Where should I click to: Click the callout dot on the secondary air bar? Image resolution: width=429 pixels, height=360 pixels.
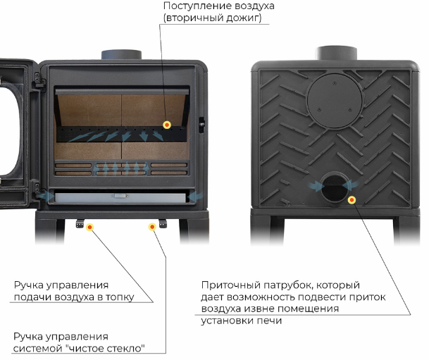pos(167,125)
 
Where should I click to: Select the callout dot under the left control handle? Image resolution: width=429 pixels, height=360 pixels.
pos(89,227)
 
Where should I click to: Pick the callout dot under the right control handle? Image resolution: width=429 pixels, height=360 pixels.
pos(152,227)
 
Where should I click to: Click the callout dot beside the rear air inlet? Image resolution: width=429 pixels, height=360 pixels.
pos(352,200)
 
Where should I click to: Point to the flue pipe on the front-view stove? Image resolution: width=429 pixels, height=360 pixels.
pos(121,55)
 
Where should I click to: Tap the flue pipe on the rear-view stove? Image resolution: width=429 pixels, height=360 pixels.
pos(337,53)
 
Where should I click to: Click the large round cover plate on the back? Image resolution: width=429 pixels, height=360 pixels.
pos(335,101)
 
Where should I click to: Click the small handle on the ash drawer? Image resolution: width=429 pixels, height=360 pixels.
pos(120,196)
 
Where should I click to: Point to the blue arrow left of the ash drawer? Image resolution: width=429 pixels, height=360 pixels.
pos(45,196)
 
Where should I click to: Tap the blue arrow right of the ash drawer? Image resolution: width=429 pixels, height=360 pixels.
pos(195,197)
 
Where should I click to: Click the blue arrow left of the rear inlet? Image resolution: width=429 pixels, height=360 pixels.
pos(316,186)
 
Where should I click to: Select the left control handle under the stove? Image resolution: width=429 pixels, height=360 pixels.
pos(80,223)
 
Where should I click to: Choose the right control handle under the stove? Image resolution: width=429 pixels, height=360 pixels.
pos(163,223)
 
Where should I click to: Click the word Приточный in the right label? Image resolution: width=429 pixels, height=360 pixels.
pos(231,285)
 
